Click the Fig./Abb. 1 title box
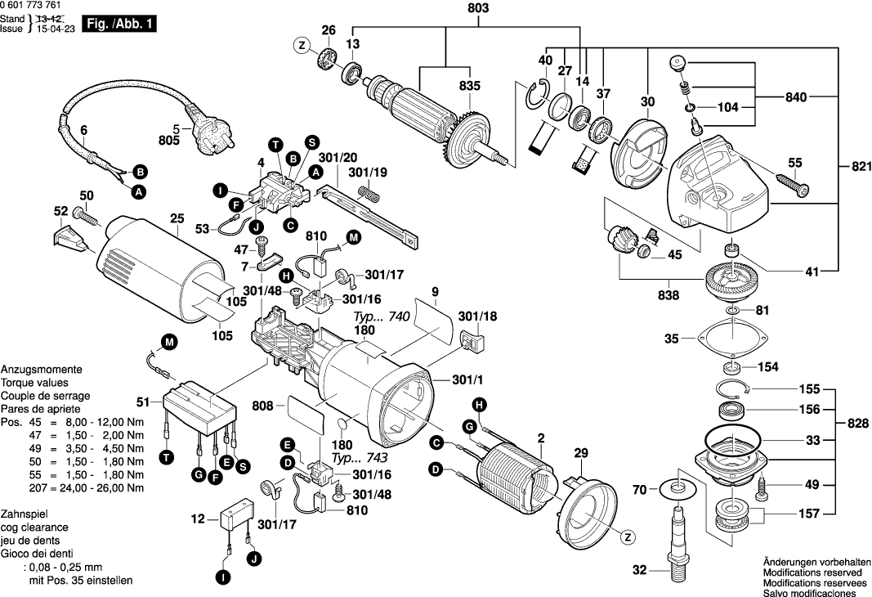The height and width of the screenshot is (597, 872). point(122,25)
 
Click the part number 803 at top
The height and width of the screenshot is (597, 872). point(479,9)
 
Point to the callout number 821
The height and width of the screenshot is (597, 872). point(855,167)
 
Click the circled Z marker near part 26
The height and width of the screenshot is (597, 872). point(302,46)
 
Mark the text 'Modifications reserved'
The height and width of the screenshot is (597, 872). point(814,574)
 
